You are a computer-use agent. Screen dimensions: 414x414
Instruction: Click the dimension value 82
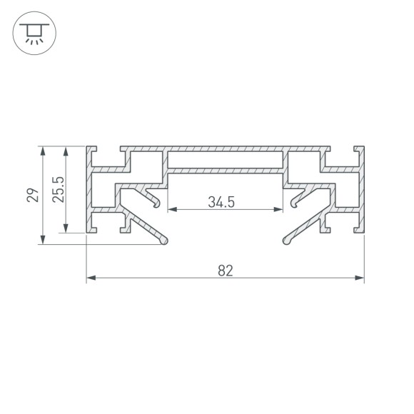point(225,271)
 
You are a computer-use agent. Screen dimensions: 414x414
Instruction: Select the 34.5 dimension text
point(222,202)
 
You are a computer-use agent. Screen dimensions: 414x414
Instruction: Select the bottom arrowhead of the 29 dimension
point(44,241)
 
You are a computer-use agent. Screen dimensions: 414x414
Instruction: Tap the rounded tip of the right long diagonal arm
point(286,241)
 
